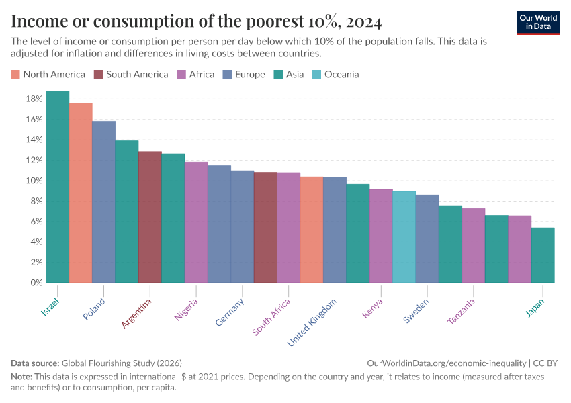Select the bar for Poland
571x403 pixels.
[x=103, y=201]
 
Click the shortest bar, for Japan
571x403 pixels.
[x=542, y=255]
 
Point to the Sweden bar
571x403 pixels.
[x=427, y=238]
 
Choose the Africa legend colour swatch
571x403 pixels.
[x=181, y=75]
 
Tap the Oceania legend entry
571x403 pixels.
[x=341, y=75]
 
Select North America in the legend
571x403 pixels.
[x=54, y=75]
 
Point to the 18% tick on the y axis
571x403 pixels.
[x=34, y=99]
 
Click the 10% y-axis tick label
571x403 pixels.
[x=34, y=181]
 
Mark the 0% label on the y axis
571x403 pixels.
[x=36, y=283]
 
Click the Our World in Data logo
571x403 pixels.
[x=538, y=21]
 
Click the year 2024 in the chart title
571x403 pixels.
[x=363, y=22]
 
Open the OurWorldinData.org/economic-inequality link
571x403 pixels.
[x=447, y=363]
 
